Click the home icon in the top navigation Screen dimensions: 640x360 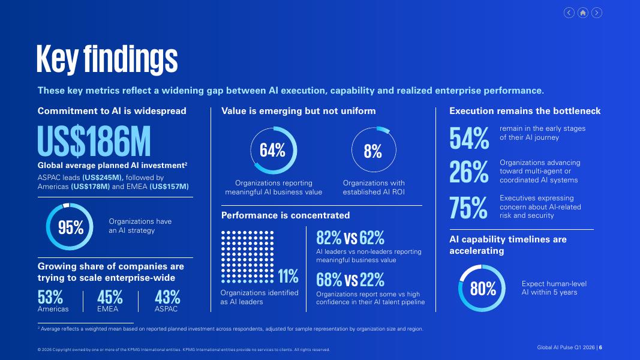click(583, 13)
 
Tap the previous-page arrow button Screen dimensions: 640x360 click(569, 13)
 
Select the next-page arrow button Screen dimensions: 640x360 click(597, 13)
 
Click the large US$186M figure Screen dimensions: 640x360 click(94, 141)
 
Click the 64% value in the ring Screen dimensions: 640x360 click(273, 151)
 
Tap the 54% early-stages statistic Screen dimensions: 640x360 click(469, 138)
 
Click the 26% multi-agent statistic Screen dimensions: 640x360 click(469, 172)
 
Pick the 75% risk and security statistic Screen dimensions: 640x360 click(468, 208)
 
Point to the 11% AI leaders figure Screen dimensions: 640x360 click(288, 277)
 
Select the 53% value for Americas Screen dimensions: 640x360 click(50, 297)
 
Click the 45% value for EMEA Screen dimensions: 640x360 click(110, 297)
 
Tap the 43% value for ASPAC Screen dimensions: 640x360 click(167, 297)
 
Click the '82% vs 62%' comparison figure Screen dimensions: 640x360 click(350, 238)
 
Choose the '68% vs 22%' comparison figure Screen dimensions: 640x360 click(350, 280)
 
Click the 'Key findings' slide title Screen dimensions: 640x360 click(107, 59)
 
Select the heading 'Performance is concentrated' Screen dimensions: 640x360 click(286, 215)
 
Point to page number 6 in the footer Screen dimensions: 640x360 click(600, 347)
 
